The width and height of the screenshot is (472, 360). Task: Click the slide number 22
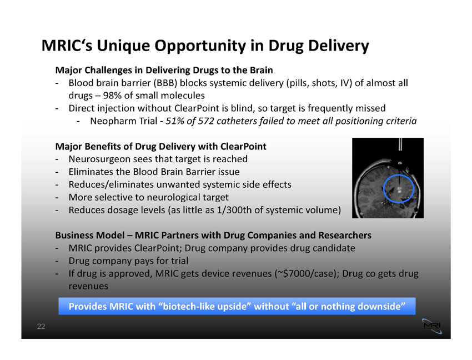[x=41, y=326]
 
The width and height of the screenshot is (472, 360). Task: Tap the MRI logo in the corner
[x=432, y=326]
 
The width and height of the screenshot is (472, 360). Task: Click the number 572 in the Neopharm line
[x=205, y=121]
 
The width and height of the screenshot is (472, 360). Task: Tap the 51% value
[x=175, y=121]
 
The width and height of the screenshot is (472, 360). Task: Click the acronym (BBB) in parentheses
[x=165, y=83]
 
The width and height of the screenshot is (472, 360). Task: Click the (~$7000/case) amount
[x=306, y=273]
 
